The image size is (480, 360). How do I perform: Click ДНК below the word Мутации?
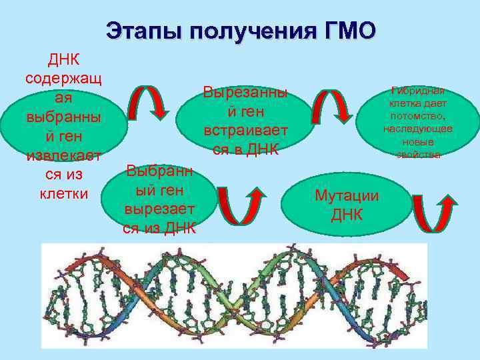pyautogui.click(x=347, y=215)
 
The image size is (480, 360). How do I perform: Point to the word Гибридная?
pyautogui.click(x=418, y=91)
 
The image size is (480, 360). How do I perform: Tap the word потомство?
pyautogui.click(x=418, y=116)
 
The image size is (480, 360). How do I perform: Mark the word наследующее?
pyautogui.click(x=418, y=129)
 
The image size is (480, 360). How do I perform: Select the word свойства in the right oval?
pyautogui.click(x=418, y=154)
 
